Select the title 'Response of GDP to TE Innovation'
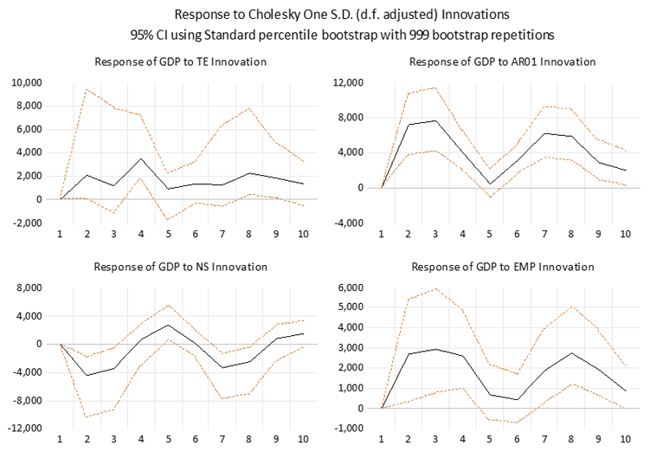click(x=180, y=61)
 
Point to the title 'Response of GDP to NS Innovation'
click(x=180, y=266)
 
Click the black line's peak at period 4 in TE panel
click(x=140, y=158)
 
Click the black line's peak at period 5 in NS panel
click(x=169, y=325)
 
